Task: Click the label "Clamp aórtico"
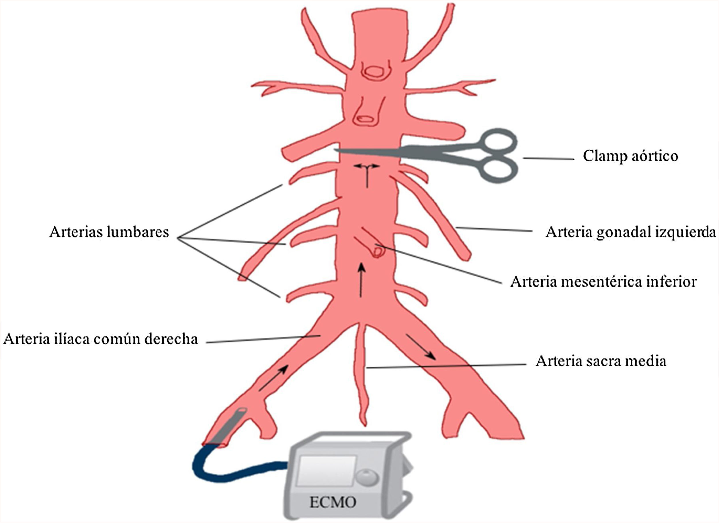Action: [x=630, y=156]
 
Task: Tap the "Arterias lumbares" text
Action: [x=109, y=232]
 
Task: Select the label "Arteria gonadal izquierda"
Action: [x=630, y=232]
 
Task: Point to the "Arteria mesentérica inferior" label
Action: [x=603, y=282]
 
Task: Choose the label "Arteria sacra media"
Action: [x=601, y=361]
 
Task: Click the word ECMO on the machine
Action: [x=333, y=502]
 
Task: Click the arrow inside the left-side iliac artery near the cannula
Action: [x=273, y=378]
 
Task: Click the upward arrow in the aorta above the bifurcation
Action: [x=361, y=280]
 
